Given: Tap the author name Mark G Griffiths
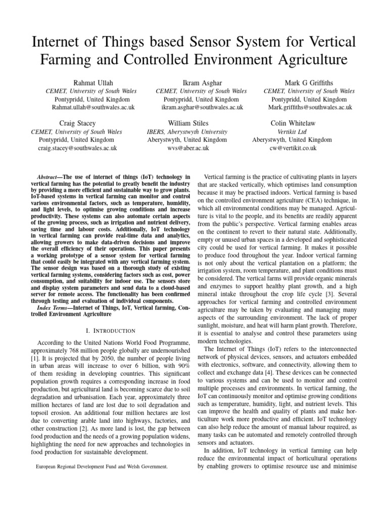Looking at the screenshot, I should pos(309,82).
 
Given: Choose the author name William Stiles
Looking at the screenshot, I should pos(188,123).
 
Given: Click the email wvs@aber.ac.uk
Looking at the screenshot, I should pos(188,148).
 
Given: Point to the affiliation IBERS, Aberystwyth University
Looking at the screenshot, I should pos(188,132).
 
